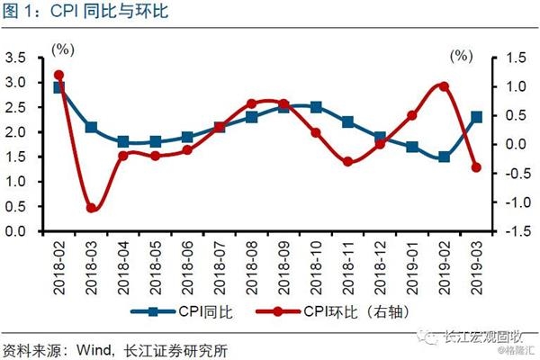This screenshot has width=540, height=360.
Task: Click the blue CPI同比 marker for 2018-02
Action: (59, 87)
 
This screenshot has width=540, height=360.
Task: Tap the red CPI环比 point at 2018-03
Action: (92, 208)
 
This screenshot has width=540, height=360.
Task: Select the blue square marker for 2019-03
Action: (476, 117)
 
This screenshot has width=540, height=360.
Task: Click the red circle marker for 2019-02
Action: (444, 86)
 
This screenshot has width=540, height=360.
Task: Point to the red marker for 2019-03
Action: (476, 167)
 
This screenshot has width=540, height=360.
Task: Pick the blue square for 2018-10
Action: (316, 107)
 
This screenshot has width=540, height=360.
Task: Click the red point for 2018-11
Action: (348, 161)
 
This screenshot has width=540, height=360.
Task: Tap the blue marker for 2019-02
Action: (444, 157)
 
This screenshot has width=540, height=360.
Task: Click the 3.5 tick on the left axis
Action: (17, 58)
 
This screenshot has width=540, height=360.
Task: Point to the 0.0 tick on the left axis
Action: (17, 231)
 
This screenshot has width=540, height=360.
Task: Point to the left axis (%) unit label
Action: (64, 47)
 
